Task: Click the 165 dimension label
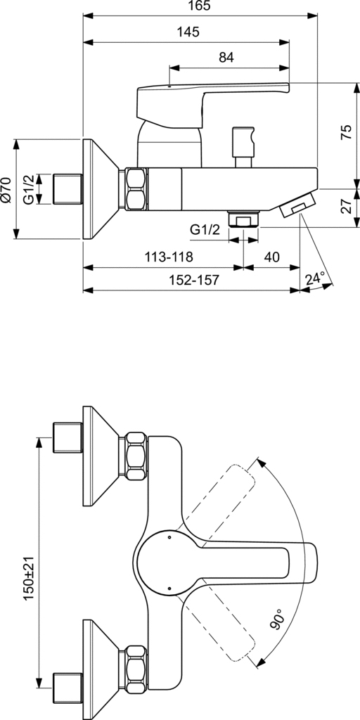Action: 200,6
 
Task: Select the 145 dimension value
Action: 188,32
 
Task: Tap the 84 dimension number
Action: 226,58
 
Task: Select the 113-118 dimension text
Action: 169,257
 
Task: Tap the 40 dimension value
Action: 272,257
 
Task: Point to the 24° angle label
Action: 316,278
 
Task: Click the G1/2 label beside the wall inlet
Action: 29,188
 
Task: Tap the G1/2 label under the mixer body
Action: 205,231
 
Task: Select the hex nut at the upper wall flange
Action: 136,456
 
